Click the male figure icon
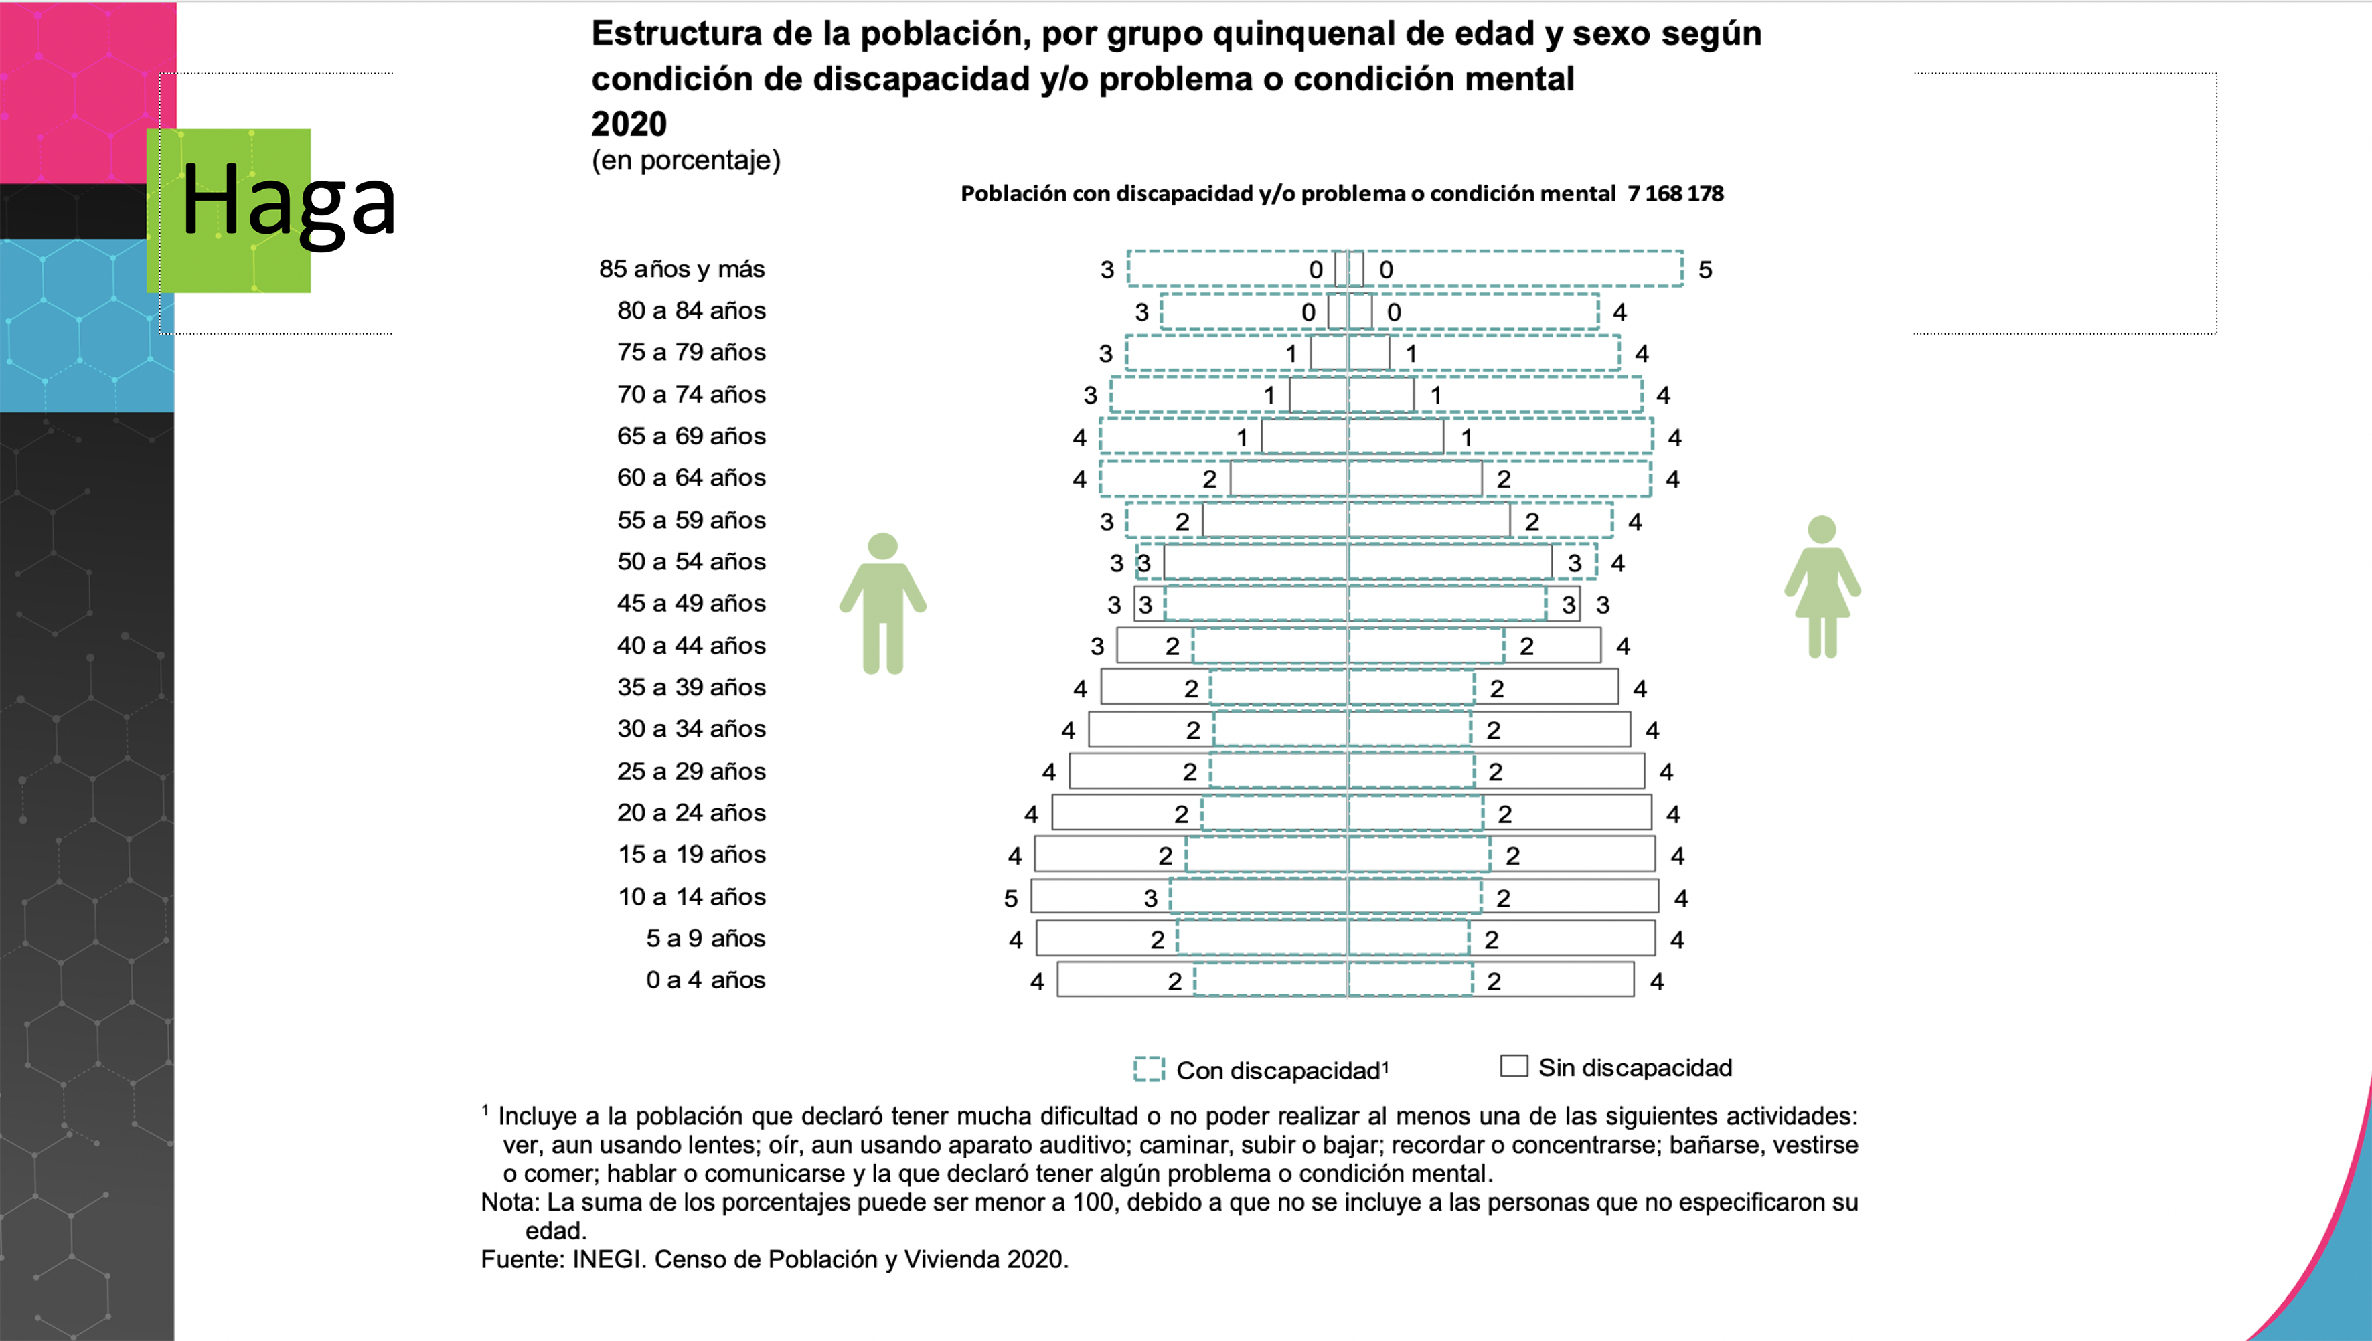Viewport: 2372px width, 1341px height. pyautogui.click(x=882, y=604)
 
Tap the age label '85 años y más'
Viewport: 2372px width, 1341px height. pyautogui.click(x=682, y=269)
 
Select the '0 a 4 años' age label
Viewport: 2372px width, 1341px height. pyautogui.click(x=705, y=980)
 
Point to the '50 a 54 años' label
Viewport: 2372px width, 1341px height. pyautogui.click(x=691, y=562)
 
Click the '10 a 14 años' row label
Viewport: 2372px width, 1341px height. pyautogui.click(x=691, y=897)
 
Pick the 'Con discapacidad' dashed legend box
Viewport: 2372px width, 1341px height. pyautogui.click(x=1149, y=1069)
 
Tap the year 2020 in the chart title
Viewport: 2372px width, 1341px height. pyautogui.click(x=629, y=123)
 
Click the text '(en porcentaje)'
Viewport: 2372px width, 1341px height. pyautogui.click(x=686, y=160)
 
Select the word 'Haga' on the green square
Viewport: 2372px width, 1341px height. pyautogui.click(x=287, y=201)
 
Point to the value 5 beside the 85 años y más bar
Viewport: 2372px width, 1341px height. pyautogui.click(x=1705, y=270)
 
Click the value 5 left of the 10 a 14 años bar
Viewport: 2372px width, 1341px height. pyautogui.click(x=1010, y=898)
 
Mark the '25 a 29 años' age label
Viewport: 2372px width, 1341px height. pyautogui.click(x=691, y=771)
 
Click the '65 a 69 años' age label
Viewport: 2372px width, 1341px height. pyautogui.click(x=691, y=436)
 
